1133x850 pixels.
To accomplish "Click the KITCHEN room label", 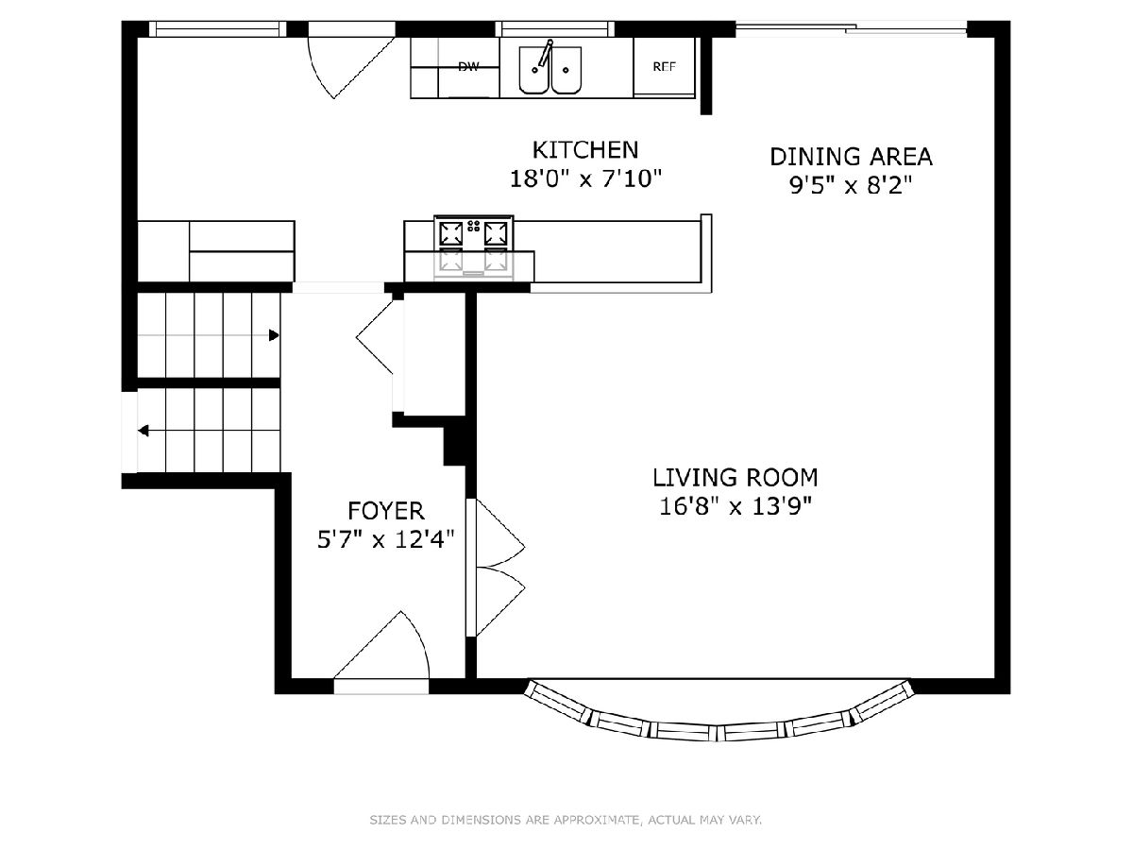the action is coord(584,150).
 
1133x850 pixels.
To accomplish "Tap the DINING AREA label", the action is coord(851,157).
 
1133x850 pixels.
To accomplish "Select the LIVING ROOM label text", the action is coord(735,478).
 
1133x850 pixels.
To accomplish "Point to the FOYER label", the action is coord(385,512).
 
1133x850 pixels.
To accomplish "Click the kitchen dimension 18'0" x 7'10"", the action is coord(585,179).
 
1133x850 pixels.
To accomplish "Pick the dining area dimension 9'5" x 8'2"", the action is coord(851,185).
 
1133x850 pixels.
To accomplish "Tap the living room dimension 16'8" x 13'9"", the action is coord(736,506).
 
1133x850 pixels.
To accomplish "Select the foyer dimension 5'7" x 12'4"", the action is coord(385,540).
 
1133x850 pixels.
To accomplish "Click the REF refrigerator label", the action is coord(664,66).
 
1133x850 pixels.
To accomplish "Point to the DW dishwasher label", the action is coord(468,66).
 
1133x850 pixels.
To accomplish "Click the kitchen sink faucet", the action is coord(545,53).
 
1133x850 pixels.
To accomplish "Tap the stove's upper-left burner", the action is coord(451,232).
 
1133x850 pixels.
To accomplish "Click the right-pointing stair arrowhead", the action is coord(274,335).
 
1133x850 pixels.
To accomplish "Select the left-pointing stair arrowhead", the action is coord(144,431).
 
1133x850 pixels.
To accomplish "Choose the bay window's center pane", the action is coord(718,731).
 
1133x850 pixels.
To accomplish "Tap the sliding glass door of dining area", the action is coord(851,28).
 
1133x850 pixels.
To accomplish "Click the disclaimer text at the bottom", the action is coord(566,819).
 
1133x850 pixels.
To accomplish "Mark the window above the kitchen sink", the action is coord(555,29).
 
